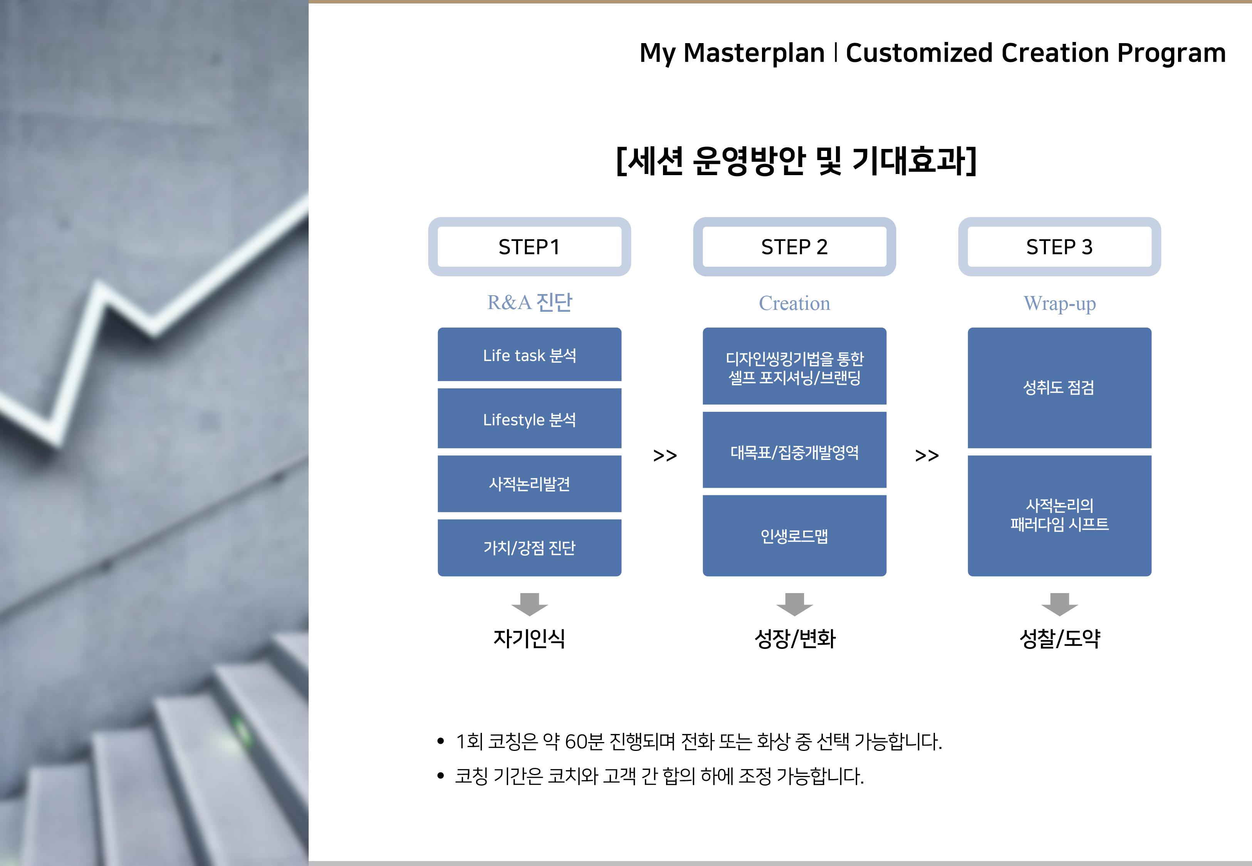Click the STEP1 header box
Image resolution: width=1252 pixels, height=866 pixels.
pyautogui.click(x=529, y=247)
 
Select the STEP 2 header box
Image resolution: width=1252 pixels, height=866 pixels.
pyautogui.click(x=794, y=247)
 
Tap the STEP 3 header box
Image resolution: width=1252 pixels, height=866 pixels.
pyautogui.click(x=1059, y=247)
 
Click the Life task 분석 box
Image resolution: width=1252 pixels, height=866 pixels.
pyautogui.click(x=529, y=354)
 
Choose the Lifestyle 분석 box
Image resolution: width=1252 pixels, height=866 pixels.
pyautogui.click(x=529, y=418)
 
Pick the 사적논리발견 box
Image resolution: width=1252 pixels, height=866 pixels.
pyautogui.click(x=529, y=483)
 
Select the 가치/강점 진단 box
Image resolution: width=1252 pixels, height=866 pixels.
pyautogui.click(x=529, y=547)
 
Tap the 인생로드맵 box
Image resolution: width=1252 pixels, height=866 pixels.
pyautogui.click(x=794, y=535)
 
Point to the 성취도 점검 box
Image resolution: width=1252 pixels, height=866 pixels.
pyautogui.click(x=1059, y=388)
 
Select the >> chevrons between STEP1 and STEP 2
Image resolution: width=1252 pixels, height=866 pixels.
pyautogui.click(x=665, y=455)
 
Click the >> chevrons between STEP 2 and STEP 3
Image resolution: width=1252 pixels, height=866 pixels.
pyautogui.click(x=927, y=455)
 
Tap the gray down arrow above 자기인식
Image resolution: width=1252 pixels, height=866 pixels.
pyautogui.click(x=529, y=604)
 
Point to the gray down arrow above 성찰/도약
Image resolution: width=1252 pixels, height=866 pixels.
pyautogui.click(x=1059, y=604)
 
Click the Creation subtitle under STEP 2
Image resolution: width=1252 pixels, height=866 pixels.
pyautogui.click(x=794, y=303)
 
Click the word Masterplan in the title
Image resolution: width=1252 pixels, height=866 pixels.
pyautogui.click(x=754, y=53)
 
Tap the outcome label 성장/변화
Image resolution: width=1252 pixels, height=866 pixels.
pyautogui.click(x=795, y=639)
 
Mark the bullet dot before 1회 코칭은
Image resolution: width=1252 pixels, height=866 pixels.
pyautogui.click(x=441, y=741)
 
